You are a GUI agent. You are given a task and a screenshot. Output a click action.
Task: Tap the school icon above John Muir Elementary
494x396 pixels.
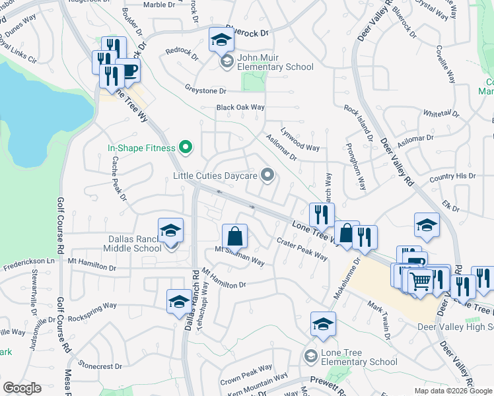click(x=222, y=41)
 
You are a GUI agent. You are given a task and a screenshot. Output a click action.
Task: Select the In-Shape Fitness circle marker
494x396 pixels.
click(x=186, y=148)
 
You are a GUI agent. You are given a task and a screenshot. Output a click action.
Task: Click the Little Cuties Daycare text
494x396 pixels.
click(x=215, y=176)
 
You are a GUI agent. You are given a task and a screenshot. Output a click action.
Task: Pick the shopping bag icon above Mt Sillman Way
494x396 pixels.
click(x=234, y=235)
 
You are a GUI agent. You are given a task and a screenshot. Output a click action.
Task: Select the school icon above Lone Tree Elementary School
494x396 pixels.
click(x=323, y=325)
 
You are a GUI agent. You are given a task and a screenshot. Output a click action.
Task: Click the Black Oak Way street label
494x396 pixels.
click(x=240, y=108)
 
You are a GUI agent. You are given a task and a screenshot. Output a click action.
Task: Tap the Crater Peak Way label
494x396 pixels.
click(x=302, y=248)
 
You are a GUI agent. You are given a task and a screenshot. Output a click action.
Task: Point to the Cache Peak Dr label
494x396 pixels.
click(x=119, y=178)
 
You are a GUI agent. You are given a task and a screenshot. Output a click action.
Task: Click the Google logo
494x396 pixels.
click(x=22, y=388)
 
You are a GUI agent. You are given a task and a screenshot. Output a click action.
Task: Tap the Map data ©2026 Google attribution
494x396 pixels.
click(x=453, y=391)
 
